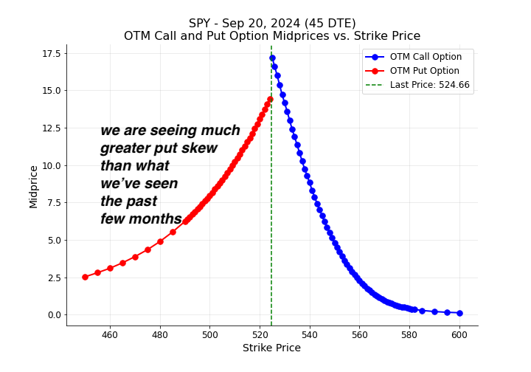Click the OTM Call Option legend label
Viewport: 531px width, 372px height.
(426, 57)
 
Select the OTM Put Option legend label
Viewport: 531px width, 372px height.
(424, 71)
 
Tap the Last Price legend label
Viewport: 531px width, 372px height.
(429, 85)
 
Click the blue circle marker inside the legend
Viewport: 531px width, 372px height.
(375, 57)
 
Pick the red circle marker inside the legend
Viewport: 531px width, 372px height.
(375, 71)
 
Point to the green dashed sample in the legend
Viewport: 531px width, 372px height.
(375, 85)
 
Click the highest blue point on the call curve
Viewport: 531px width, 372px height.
(272, 58)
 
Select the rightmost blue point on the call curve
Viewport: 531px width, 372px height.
(459, 313)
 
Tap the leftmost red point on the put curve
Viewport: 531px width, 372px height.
(85, 277)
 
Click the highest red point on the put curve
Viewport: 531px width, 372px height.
(270, 99)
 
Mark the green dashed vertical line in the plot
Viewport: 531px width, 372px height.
(271, 221)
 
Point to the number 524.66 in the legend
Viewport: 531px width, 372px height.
(454, 85)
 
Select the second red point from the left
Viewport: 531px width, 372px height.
(97, 272)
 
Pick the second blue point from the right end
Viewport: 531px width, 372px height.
(447, 312)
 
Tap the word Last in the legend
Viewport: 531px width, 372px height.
(399, 85)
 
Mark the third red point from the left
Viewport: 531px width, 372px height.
(110, 268)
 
